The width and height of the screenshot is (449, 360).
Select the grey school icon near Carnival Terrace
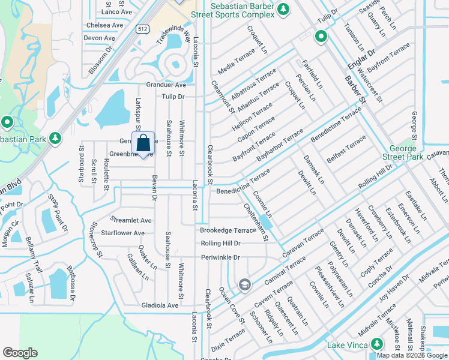(244, 284)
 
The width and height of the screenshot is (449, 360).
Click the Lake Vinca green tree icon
(377, 344)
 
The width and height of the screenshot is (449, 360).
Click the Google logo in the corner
(20, 352)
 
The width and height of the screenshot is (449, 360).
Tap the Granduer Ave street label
(166, 85)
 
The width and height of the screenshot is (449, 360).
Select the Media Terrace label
(237, 63)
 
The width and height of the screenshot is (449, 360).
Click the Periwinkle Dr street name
(220, 257)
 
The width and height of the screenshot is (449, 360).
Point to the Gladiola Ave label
(160, 305)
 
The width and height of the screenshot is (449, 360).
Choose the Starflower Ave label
(122, 233)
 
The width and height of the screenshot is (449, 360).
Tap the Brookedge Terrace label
(228, 230)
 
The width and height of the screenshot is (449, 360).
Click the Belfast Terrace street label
(346, 149)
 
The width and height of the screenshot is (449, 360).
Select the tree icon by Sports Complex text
(285, 8)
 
